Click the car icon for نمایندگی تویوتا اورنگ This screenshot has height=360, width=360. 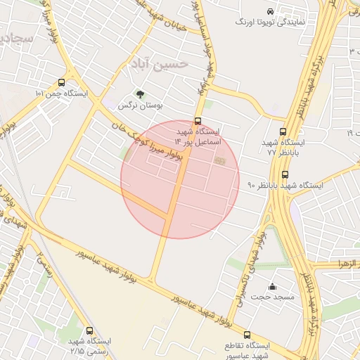pyautogui.click(x=271, y=11)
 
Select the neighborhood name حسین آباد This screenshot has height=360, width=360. pyautogui.click(x=159, y=65)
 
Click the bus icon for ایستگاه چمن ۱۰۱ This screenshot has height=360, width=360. pyautogui.click(x=62, y=82)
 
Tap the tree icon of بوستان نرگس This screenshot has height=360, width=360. pyautogui.click(x=140, y=94)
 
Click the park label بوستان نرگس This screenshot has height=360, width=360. pyautogui.click(x=140, y=105)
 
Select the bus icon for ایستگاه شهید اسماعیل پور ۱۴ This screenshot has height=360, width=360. pyautogui.click(x=198, y=121)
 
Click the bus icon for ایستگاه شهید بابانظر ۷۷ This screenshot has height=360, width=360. pyautogui.click(x=283, y=131)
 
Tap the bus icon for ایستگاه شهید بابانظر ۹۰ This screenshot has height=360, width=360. pyautogui.click(x=285, y=174)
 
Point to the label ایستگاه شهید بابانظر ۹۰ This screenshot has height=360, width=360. pyautogui.click(x=285, y=186)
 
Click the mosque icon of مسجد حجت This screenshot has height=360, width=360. pyautogui.click(x=273, y=286)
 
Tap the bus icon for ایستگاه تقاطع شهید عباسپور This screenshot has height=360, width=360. pyautogui.click(x=247, y=335)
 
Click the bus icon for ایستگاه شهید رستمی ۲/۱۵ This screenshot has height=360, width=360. pyautogui.click(x=89, y=330)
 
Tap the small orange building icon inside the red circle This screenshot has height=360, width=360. pyautogui.click(x=219, y=162)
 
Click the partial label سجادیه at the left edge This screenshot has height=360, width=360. pyautogui.click(x=15, y=38)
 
